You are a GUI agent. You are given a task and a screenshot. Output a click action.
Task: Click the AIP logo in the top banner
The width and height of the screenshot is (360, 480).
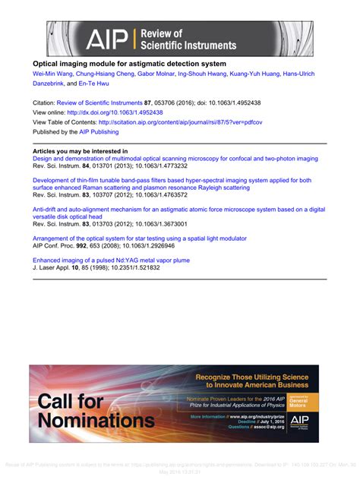click(x=108, y=38)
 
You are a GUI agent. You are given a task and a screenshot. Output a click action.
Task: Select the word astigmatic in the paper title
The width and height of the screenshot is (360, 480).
click(x=147, y=64)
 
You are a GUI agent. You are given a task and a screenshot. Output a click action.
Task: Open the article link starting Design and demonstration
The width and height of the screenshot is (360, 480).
click(x=175, y=159)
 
